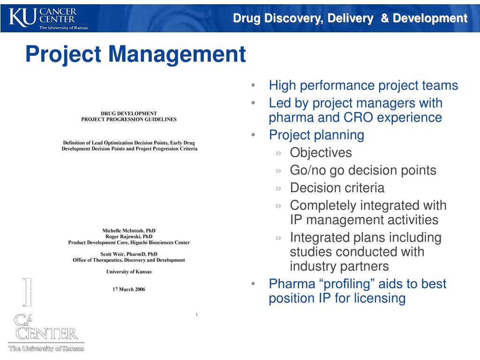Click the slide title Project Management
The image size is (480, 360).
pos(135,54)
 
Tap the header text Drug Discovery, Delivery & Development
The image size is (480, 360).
pos(351,18)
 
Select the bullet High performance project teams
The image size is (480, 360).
pos(363,86)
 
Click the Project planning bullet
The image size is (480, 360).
pos(316,135)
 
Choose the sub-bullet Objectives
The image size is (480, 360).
pos(321,153)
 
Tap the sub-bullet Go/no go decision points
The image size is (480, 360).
pos(363,170)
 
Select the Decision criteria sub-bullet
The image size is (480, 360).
pos(337,188)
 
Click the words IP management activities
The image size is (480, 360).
pos(364,220)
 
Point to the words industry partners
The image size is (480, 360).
pos(339,266)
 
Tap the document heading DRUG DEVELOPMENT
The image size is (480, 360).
pos(129,113)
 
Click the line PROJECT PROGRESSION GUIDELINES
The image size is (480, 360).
pos(129,119)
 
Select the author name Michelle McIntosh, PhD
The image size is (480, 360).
pos(129,231)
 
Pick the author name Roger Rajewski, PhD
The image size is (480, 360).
pos(129,237)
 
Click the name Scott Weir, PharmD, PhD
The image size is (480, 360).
pos(129,254)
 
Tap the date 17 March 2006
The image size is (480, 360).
pos(129,289)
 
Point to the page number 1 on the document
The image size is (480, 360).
pos(196,314)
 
